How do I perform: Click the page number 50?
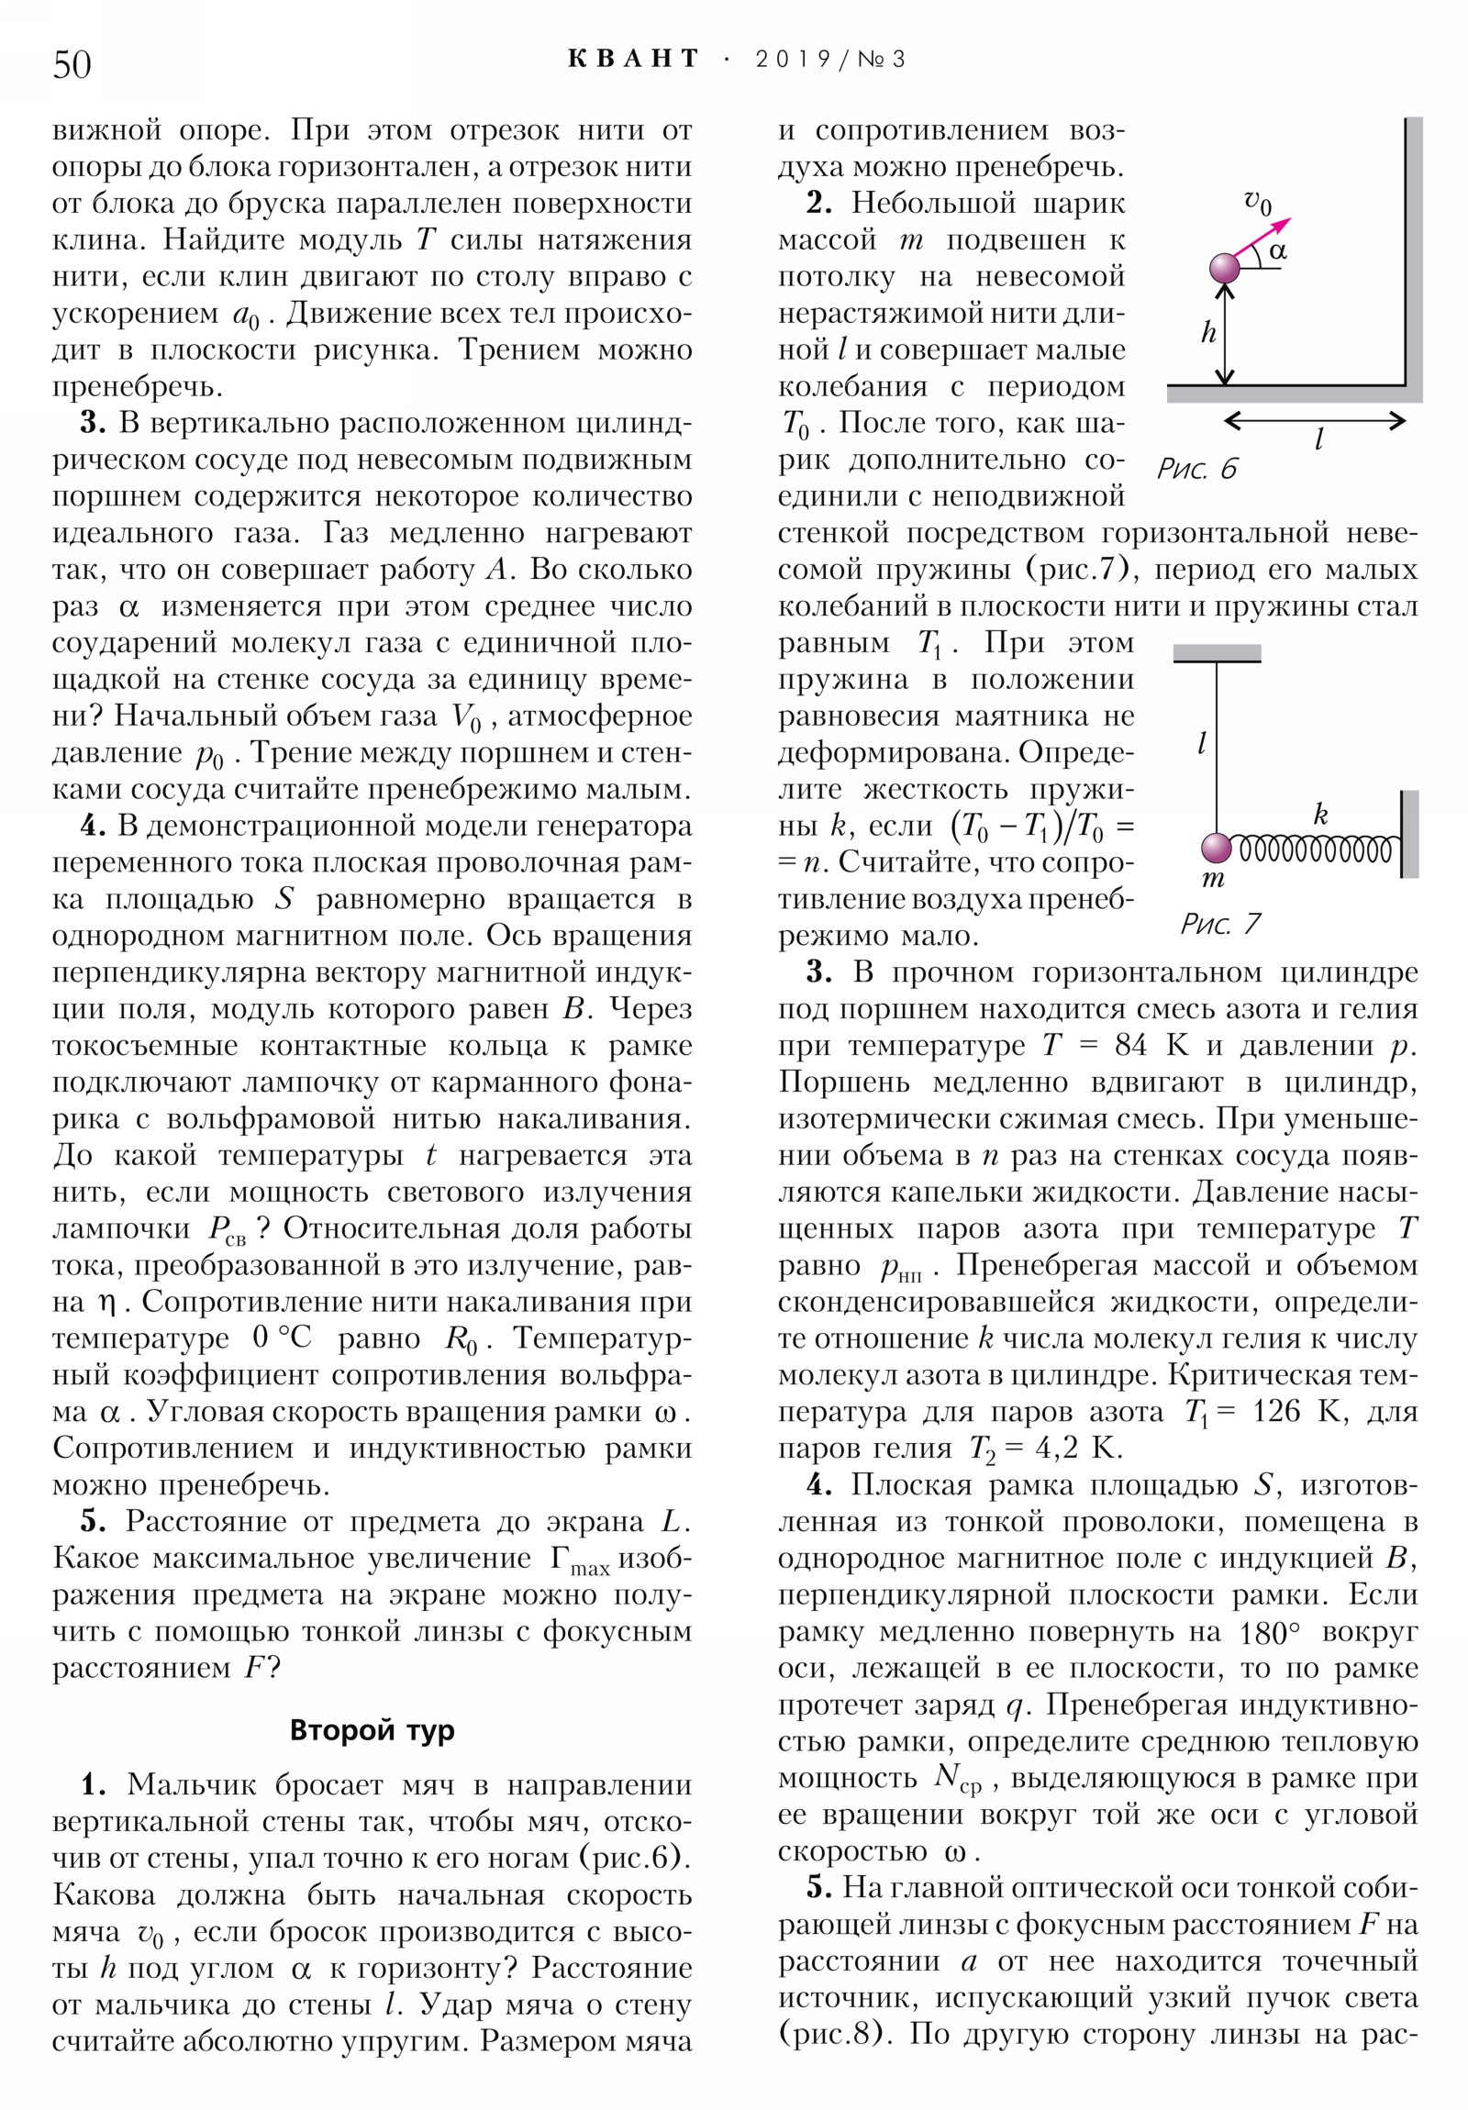pos(72,64)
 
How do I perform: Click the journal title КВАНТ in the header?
pos(633,60)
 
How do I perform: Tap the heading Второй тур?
pos(372,1729)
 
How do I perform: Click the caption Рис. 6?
pos(1196,470)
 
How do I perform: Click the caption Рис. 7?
pos(1219,924)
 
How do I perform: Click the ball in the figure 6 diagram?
pos(1225,269)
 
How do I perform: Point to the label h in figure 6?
pos(1207,333)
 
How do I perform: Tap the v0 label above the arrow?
pos(1258,201)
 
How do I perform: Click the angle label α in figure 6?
pos(1278,250)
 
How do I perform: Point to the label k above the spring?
pos(1320,815)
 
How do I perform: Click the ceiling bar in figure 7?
pos(1216,653)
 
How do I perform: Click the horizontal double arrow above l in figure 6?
pos(1315,421)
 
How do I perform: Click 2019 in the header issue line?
pos(792,60)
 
